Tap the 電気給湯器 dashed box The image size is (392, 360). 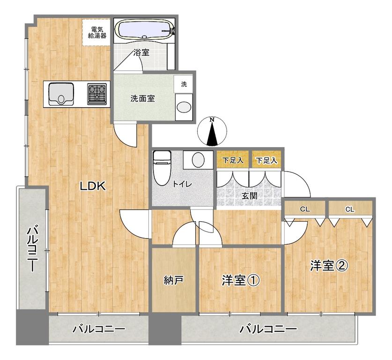click(x=96, y=32)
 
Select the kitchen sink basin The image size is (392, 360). click(x=61, y=94)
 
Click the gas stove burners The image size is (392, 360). click(x=97, y=94)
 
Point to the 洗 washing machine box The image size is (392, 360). click(x=184, y=84)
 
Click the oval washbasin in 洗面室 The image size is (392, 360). click(x=184, y=107)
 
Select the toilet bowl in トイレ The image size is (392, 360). click(x=162, y=168)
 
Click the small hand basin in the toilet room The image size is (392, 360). click(x=198, y=160)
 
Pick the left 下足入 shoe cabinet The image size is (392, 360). click(x=232, y=160)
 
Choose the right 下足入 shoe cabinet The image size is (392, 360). click(x=266, y=160)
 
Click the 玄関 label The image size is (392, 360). click(x=249, y=195)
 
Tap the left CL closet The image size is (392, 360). click(x=305, y=209)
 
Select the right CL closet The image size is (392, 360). click(x=350, y=209)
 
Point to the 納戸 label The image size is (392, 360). click(x=174, y=280)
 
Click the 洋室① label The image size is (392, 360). click(x=241, y=280)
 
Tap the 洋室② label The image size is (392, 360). click(x=329, y=266)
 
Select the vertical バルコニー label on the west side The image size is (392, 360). click(x=32, y=249)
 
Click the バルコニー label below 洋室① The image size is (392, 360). click(x=268, y=329)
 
